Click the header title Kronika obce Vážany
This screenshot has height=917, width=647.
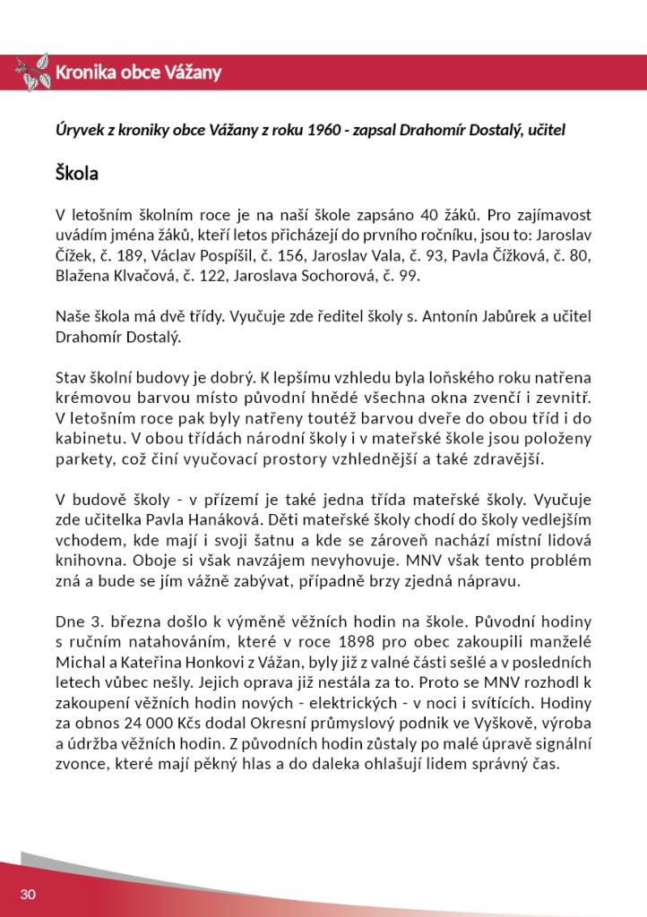(x=138, y=73)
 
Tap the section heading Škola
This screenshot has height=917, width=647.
(x=76, y=172)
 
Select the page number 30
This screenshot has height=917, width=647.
(x=27, y=895)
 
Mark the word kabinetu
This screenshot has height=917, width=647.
(x=91, y=440)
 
